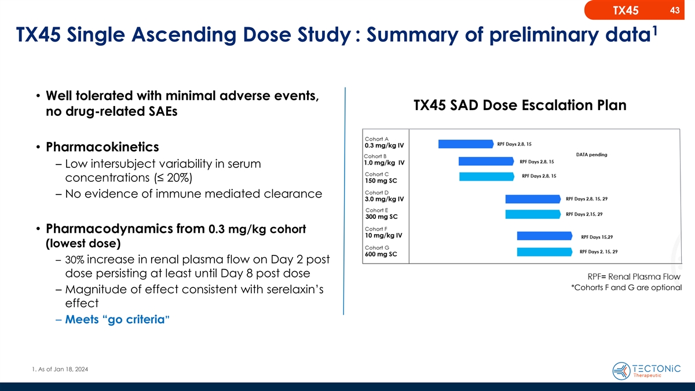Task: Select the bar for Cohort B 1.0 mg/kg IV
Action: tap(485, 162)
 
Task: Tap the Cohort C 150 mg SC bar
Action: tap(486, 177)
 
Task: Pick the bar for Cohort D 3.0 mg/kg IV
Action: tap(532, 199)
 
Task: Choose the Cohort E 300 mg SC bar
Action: tap(532, 214)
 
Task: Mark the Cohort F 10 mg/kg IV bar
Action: tap(544, 236)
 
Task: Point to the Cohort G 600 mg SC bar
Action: tap(544, 252)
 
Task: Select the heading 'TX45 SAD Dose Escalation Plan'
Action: tap(520, 106)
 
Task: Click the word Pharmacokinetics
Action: tap(102, 145)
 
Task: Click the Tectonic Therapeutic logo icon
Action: tap(621, 370)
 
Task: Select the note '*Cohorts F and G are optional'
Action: tap(625, 288)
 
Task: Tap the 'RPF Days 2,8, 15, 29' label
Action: tap(594, 199)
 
